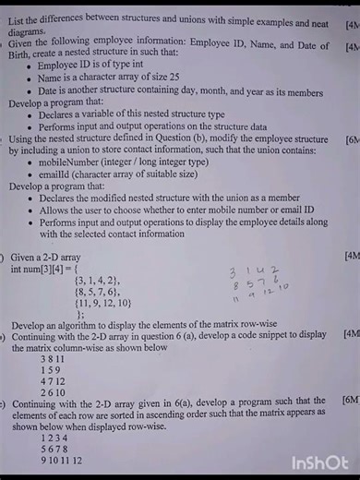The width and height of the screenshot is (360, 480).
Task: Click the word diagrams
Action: (29, 30)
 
